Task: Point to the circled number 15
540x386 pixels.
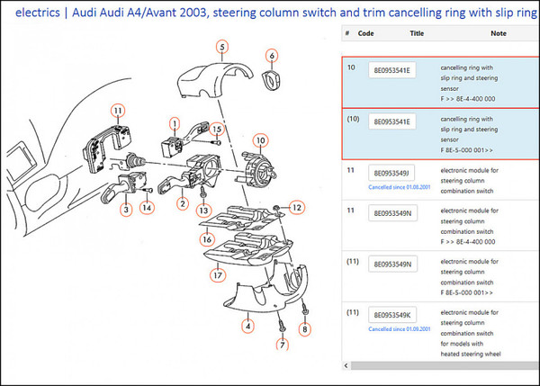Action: (x=216, y=130)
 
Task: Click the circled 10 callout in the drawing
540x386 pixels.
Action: (x=260, y=140)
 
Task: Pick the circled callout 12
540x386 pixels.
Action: (x=298, y=208)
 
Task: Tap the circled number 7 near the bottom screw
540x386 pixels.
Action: (x=282, y=345)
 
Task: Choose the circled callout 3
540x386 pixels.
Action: (x=127, y=209)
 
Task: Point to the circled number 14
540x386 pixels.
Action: (x=147, y=207)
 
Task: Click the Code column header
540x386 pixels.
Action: (x=365, y=33)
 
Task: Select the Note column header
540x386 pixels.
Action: (x=499, y=33)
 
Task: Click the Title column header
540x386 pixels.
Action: (x=417, y=33)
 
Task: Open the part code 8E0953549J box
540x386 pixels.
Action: (x=391, y=173)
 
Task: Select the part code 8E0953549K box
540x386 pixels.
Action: (x=391, y=314)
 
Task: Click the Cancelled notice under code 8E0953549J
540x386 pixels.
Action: (x=391, y=187)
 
